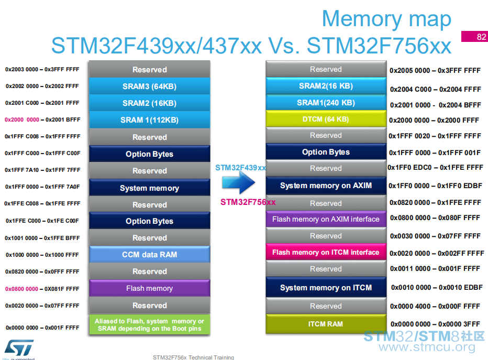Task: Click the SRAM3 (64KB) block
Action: click(x=150, y=86)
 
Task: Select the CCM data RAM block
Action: click(x=150, y=255)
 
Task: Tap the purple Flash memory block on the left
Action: click(x=150, y=288)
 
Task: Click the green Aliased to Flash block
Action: click(x=150, y=324)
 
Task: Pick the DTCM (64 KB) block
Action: click(x=326, y=119)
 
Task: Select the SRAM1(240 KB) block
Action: click(x=326, y=103)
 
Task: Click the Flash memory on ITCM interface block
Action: click(x=326, y=252)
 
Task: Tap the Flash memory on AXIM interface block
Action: click(x=326, y=219)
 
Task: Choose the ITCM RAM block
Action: click(x=326, y=324)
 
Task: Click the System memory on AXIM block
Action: click(x=326, y=186)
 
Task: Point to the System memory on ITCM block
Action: click(x=326, y=288)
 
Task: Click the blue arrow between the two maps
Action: click(x=239, y=182)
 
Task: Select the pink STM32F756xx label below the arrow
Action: click(x=248, y=202)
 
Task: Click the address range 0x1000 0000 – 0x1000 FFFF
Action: click(x=42, y=255)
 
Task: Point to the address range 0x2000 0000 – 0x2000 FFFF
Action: click(x=434, y=120)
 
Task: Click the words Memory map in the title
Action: click(x=386, y=19)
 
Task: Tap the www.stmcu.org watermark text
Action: click(x=427, y=346)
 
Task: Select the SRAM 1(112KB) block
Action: click(x=150, y=120)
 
